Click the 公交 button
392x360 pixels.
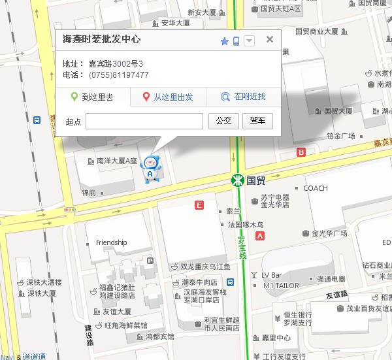coord(223,121)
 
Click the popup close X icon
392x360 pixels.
coord(269,40)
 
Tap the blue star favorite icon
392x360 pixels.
coord(225,41)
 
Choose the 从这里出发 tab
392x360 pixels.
coord(168,97)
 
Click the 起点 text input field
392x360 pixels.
coord(144,121)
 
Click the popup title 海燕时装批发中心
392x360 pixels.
coord(101,40)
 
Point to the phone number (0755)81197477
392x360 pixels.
coord(119,75)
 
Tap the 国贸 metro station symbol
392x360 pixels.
coord(239,180)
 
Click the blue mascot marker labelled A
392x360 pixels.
coord(150,169)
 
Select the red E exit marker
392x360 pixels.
coord(199,205)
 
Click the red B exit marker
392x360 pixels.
coord(301,152)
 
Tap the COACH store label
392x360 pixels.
coord(316,188)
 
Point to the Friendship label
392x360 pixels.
coord(111,242)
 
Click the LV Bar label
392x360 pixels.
coord(271,275)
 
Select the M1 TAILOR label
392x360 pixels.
coord(281,286)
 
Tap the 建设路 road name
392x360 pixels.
coord(90,333)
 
